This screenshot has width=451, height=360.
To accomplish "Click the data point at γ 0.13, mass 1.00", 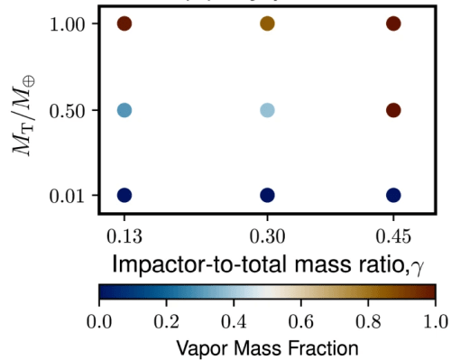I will click(124, 24).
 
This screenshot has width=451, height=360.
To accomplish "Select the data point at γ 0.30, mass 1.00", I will click(267, 24).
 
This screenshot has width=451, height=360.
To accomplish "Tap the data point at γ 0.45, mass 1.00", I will click(393, 24).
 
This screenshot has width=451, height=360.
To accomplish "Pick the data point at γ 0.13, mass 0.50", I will click(124, 110).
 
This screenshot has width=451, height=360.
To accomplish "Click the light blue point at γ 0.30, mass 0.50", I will click(267, 110).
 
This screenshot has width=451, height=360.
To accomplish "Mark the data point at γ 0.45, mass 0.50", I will click(393, 110).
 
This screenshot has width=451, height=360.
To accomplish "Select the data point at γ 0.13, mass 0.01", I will click(124, 195).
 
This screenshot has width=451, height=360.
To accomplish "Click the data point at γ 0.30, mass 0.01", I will click(267, 195).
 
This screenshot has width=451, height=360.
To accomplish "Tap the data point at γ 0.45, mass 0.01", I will click(393, 195).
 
